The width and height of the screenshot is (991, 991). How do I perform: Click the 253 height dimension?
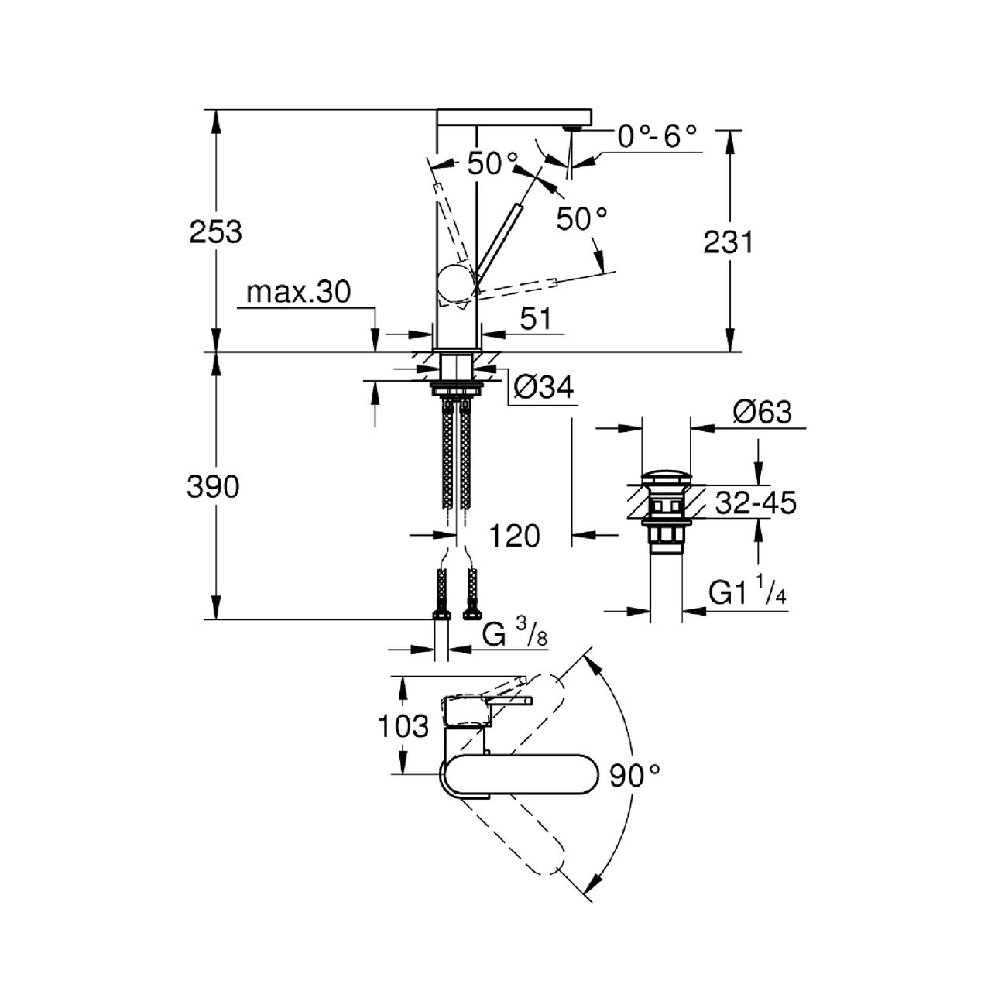click(215, 232)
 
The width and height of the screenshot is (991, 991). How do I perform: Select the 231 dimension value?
click(729, 242)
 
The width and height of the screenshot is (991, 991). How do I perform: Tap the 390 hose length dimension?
click(213, 486)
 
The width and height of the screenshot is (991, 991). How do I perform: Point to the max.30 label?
click(298, 293)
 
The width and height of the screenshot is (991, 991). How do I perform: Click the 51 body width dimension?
click(535, 319)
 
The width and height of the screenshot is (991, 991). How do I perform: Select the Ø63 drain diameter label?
click(763, 412)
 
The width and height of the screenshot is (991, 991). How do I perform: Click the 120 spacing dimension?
click(514, 537)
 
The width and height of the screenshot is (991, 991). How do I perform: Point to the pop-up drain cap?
click(667, 476)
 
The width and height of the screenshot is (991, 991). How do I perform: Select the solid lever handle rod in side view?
click(498, 237)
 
